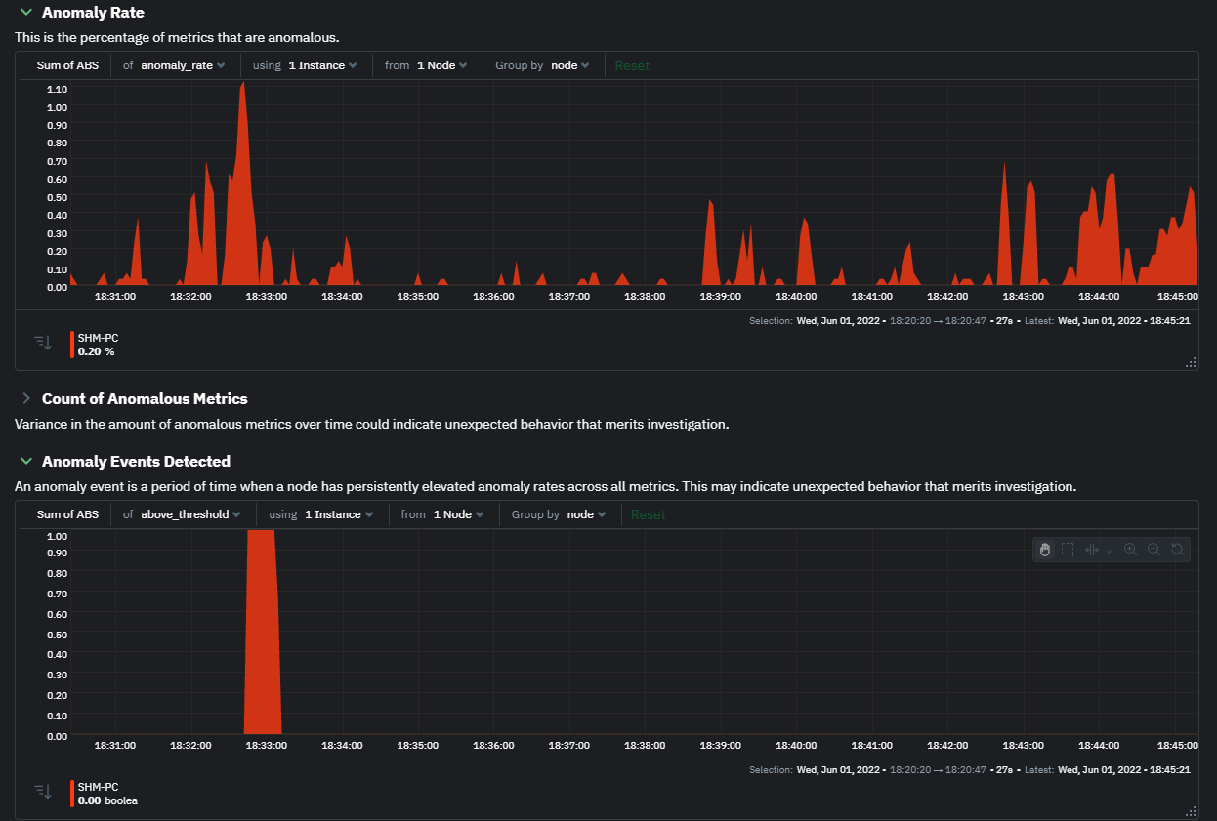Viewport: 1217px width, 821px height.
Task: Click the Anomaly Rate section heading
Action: coord(93,13)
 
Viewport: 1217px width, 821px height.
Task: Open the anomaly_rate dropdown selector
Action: coord(183,65)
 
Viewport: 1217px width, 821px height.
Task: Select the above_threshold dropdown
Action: coord(190,514)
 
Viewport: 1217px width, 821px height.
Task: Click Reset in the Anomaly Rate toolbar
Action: coord(632,65)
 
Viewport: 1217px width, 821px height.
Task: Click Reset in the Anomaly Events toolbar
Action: coord(648,514)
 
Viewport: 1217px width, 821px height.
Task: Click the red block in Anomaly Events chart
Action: coord(262,635)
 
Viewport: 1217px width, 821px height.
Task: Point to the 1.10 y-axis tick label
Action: coord(57,89)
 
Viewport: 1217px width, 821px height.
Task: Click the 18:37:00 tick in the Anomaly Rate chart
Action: coord(568,296)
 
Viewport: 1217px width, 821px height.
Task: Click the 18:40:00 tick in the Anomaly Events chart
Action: coord(796,745)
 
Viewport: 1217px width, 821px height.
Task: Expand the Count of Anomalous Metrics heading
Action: coord(144,399)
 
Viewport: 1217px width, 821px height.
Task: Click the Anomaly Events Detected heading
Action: coord(136,462)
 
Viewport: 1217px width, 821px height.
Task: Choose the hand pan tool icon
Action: coord(1044,550)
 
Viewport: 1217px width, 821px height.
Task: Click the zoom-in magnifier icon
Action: coord(1130,550)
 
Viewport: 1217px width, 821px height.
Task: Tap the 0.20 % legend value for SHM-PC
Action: coord(96,351)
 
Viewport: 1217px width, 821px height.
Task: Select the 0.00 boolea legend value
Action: coord(107,800)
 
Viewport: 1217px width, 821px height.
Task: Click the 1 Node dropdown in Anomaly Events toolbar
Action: coord(458,514)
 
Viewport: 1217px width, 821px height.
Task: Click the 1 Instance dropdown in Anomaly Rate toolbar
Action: coord(322,65)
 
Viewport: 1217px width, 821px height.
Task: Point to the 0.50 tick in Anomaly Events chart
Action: coord(57,634)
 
